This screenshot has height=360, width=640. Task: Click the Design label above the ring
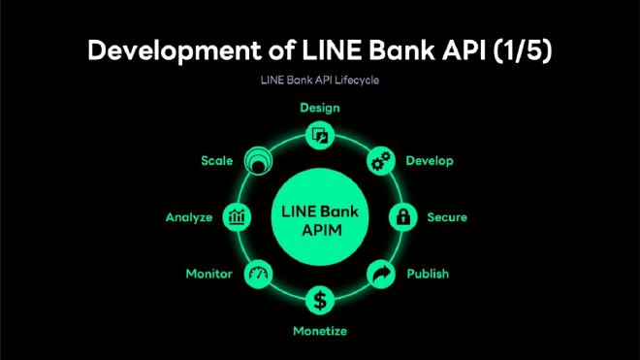[319, 108]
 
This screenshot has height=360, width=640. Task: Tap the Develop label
[429, 160]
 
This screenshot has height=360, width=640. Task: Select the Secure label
[447, 217]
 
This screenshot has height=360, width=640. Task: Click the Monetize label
[320, 332]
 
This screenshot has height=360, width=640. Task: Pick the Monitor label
[208, 274]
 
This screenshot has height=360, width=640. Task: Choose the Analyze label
[188, 217]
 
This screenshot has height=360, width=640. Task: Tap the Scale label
[216, 160]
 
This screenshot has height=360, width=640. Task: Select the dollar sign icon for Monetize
[319, 298]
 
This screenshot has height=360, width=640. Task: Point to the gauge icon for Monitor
[259, 275]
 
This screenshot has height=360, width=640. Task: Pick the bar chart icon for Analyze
[236, 217]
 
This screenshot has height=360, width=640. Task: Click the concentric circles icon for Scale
[259, 160]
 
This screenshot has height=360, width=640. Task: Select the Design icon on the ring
[319, 137]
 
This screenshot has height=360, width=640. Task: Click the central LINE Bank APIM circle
[319, 217]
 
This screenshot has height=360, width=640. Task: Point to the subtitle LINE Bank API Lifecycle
[319, 81]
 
